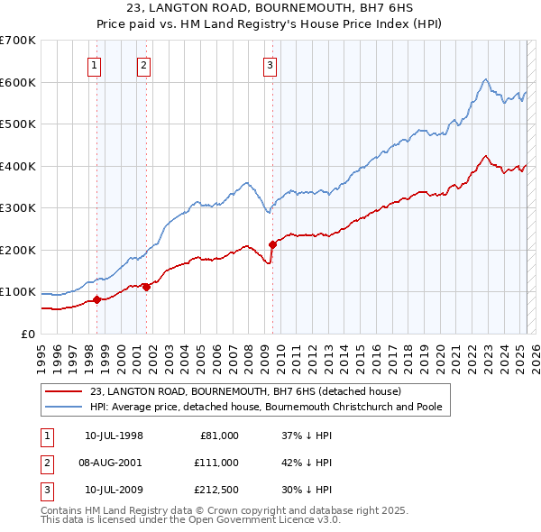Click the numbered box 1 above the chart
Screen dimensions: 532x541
(x=95, y=64)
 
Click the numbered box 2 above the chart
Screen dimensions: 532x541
(x=143, y=64)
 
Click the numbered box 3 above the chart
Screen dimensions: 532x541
(x=270, y=64)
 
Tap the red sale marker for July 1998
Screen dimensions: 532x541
(x=96, y=300)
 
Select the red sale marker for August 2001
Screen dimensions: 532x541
(x=145, y=288)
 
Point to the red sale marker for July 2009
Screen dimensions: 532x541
(x=271, y=244)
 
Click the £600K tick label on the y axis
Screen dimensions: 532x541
(x=17, y=82)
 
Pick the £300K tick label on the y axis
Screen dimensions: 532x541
(x=17, y=208)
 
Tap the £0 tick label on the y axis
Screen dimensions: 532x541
(x=26, y=334)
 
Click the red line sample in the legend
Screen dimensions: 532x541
(x=63, y=392)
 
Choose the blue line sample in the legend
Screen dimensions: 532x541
(x=63, y=407)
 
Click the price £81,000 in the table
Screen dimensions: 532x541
(x=217, y=436)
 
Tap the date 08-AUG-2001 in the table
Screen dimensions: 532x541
(x=112, y=463)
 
